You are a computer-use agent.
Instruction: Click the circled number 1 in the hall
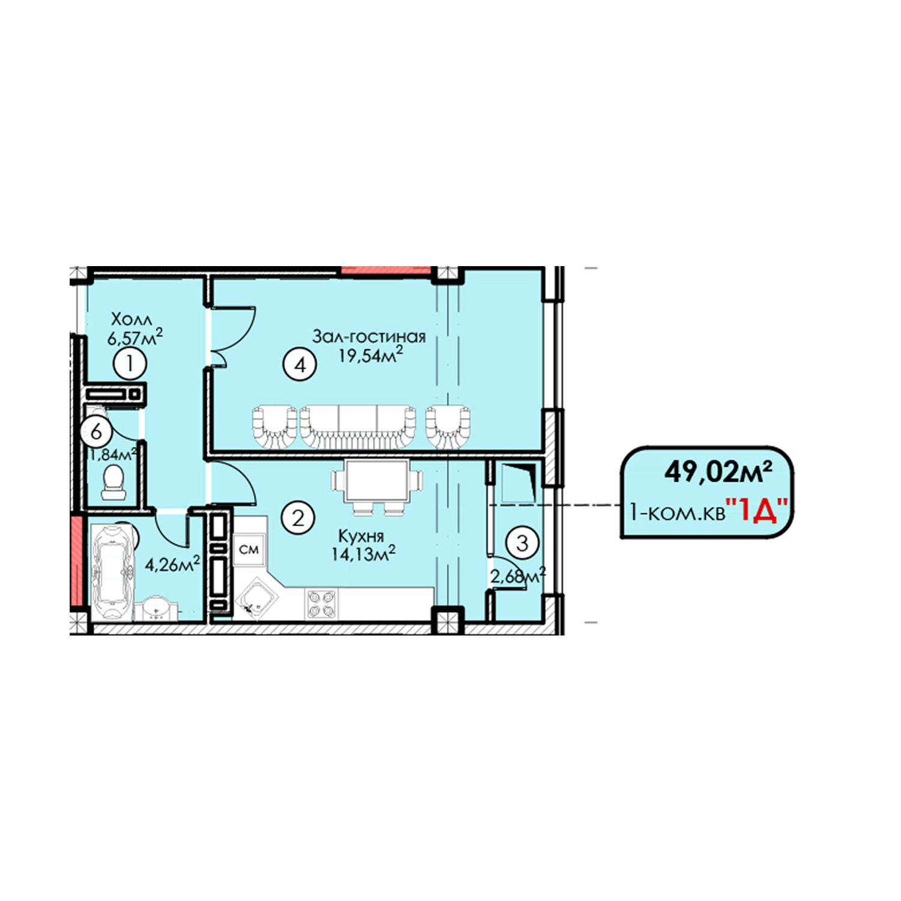130,364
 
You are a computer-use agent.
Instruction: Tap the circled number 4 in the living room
300,365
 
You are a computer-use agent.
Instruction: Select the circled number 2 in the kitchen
298,517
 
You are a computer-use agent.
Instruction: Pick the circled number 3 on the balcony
522,543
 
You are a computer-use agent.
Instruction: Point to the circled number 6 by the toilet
96,431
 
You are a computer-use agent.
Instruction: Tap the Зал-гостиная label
369,336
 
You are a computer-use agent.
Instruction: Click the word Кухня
361,536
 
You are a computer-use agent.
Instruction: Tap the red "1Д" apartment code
757,511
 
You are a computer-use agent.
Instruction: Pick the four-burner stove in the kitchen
322,604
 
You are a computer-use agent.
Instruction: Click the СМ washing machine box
249,550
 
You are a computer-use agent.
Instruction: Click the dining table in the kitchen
377,481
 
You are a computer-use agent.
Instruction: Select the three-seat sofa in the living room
358,426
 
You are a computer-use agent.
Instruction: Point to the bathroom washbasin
157,609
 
